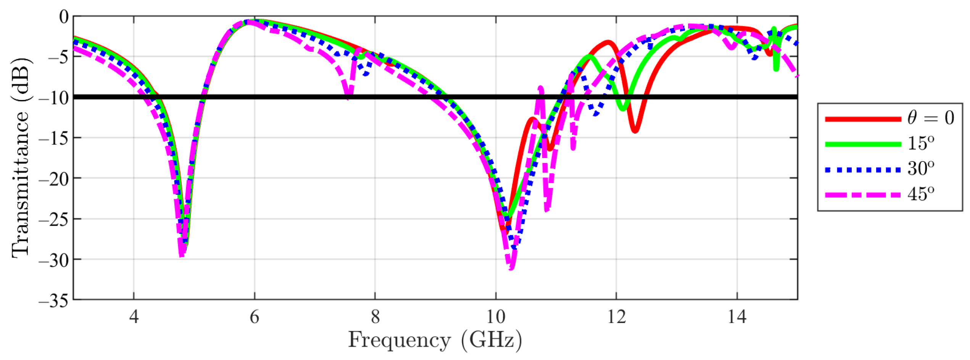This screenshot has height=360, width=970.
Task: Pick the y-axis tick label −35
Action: click(53, 301)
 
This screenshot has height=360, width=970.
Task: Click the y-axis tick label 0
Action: click(64, 17)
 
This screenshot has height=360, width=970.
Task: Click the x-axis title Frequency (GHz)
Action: click(435, 340)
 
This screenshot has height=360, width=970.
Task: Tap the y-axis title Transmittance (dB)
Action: click(21, 158)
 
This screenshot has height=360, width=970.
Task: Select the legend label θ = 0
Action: click(930, 118)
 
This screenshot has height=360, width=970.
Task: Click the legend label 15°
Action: click(921, 144)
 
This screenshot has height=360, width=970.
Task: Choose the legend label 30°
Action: click(921, 168)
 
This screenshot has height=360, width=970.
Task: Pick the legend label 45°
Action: click(921, 194)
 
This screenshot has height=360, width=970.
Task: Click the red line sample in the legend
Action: click(863, 119)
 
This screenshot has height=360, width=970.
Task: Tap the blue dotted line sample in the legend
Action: click(863, 170)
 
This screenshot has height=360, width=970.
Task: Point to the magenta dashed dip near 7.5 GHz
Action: click(348, 97)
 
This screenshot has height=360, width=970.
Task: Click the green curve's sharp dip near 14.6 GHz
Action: click(776, 69)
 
